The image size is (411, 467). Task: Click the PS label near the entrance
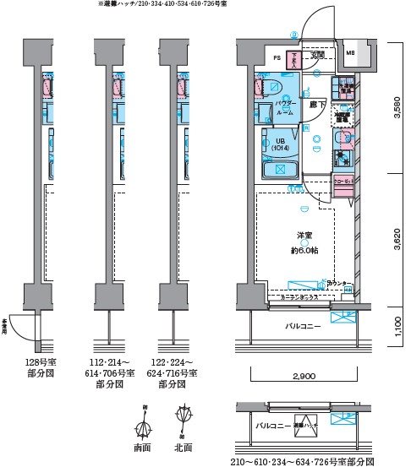(276, 57)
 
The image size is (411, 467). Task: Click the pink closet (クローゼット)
(342, 185)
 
